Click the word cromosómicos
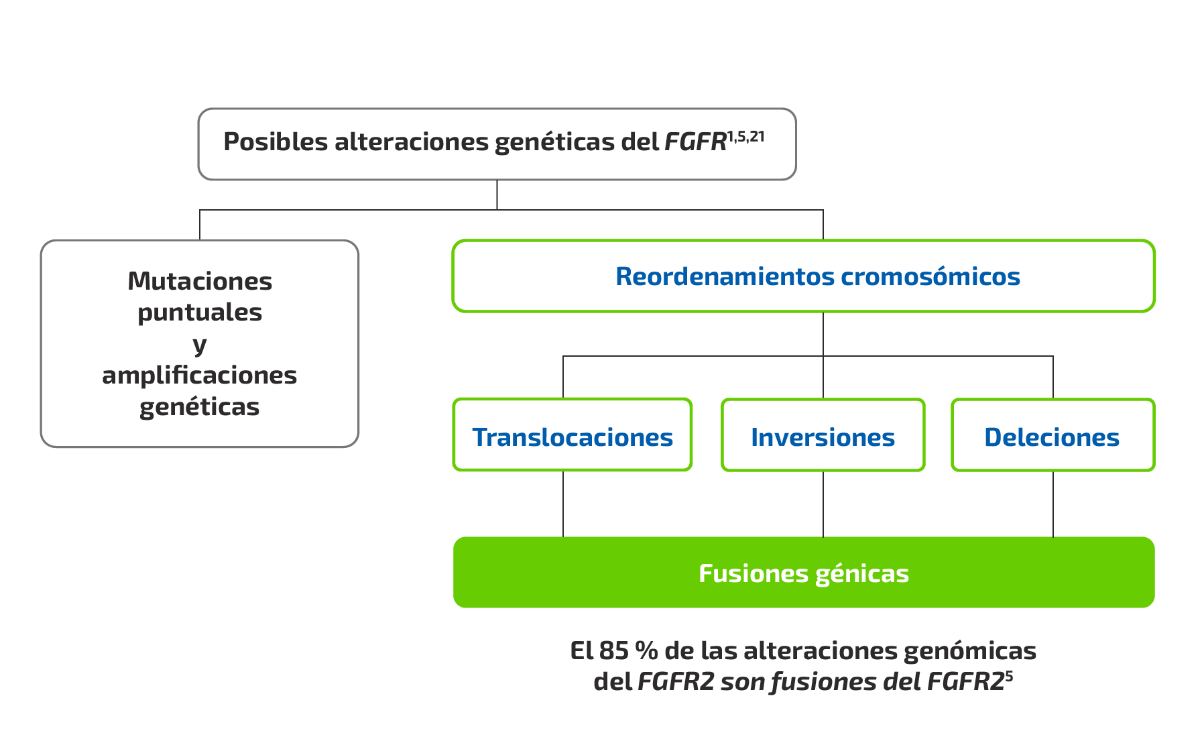coord(930,276)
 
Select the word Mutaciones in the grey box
coord(200,281)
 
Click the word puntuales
coord(200,312)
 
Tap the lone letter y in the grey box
coord(200,345)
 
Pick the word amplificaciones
coord(200,376)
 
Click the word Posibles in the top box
coord(276,142)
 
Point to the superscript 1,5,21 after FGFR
coord(745,137)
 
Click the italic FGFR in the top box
coord(695,142)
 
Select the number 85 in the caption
coord(613,650)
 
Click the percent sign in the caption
coord(646,650)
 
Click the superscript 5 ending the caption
coord(1009,676)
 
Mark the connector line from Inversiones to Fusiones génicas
coord(823,504)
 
